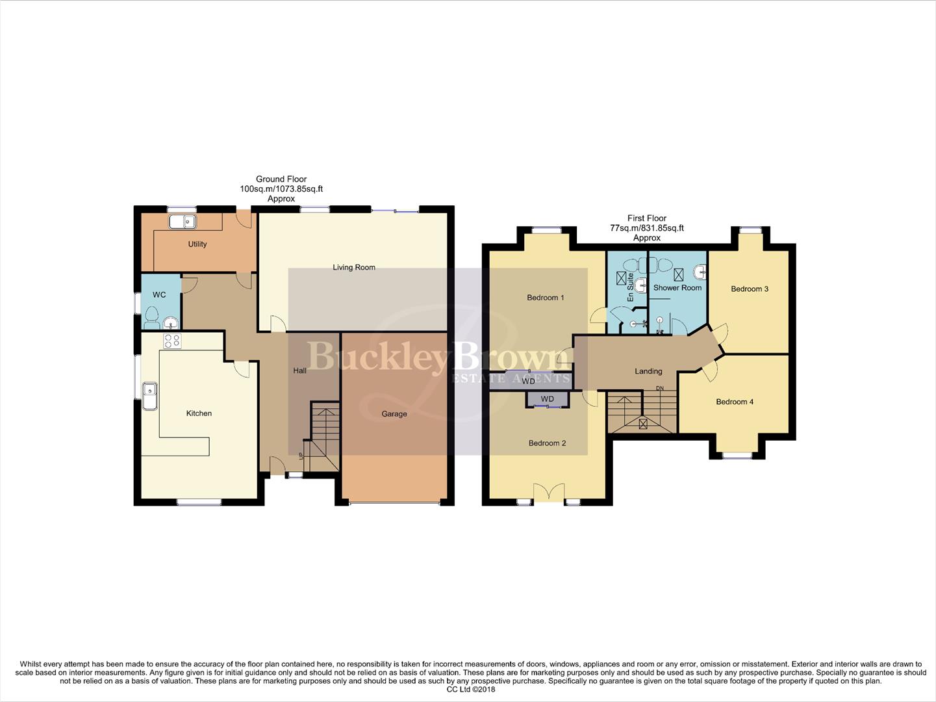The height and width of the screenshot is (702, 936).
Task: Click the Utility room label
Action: click(197, 244)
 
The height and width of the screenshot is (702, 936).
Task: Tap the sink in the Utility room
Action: click(183, 222)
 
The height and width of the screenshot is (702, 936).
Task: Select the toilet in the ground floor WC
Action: click(152, 319)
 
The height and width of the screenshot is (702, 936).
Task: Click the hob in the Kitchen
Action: click(172, 341)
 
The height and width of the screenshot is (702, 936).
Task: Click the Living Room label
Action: click(354, 267)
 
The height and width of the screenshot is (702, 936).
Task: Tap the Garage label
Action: click(394, 414)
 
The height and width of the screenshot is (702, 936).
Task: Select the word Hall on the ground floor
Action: click(299, 370)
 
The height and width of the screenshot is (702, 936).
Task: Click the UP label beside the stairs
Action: click(300, 456)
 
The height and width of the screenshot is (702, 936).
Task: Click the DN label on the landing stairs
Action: click(660, 389)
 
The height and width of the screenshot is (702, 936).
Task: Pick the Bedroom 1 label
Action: click(546, 298)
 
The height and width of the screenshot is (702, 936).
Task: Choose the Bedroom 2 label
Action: click(547, 443)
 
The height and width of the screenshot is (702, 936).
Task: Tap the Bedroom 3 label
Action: click(750, 289)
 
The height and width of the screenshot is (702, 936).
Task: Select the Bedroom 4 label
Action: click(735, 402)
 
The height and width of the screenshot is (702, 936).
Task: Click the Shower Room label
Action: click(677, 288)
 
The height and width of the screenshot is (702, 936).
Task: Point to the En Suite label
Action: click(630, 287)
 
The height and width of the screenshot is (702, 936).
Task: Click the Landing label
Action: click(648, 371)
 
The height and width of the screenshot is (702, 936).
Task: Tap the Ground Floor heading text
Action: click(281, 179)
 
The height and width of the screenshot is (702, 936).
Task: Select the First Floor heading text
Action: click(647, 218)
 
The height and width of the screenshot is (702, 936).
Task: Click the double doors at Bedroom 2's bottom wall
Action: click(549, 492)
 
